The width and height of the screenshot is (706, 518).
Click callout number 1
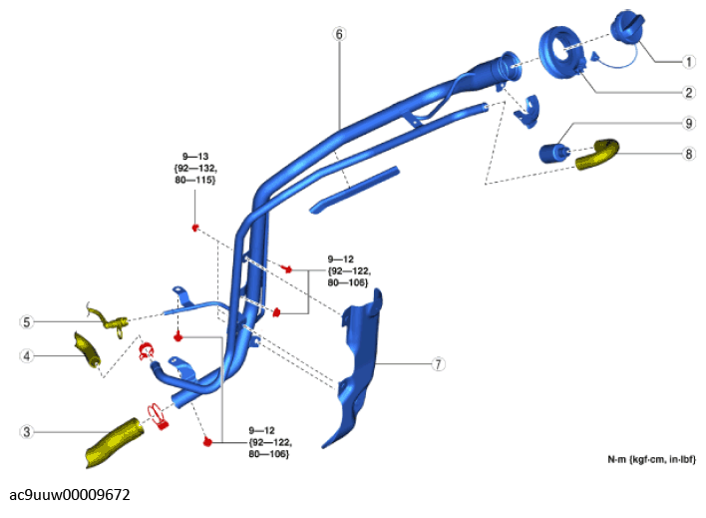688,61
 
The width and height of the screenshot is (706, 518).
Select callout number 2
688,92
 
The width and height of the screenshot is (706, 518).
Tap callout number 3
27,432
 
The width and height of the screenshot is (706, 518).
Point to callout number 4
27,354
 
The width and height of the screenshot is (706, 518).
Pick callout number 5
27,321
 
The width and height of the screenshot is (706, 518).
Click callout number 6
339,34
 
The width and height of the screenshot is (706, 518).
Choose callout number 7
438,364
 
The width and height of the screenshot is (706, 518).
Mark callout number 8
688,154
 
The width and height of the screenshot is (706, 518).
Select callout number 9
688,124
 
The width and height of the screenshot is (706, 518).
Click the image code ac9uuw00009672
70,494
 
